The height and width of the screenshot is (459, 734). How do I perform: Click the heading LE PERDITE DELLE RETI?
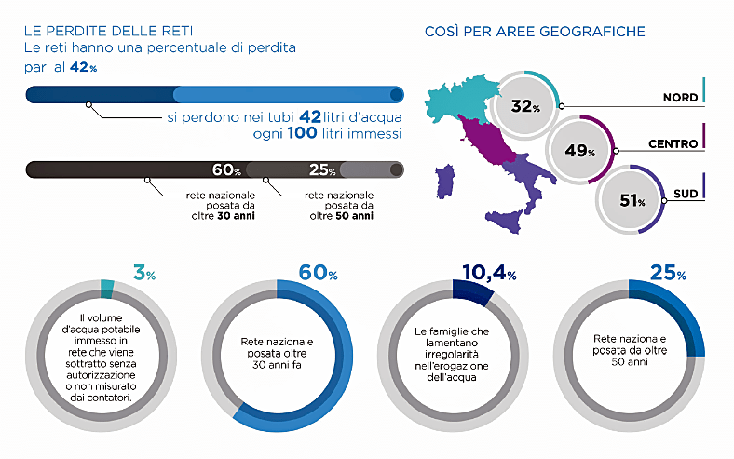108,31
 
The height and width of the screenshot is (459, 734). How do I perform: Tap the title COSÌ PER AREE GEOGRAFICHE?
535,32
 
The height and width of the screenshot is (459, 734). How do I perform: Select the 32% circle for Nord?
524,106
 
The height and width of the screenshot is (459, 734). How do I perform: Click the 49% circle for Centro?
579,150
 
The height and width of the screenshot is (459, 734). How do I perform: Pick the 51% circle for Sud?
631,200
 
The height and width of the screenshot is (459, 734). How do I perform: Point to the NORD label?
680,98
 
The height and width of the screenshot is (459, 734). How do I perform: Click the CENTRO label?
673,144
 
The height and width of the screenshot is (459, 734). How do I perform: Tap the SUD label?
686,194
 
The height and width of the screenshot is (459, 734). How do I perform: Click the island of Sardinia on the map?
445,181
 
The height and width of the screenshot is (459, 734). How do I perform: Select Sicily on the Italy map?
505,221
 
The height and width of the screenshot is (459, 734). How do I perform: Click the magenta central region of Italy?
487,140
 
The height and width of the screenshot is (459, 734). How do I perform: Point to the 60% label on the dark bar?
226,169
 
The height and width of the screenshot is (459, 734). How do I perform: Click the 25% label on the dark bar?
322,169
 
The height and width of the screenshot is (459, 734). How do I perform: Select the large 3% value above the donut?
144,272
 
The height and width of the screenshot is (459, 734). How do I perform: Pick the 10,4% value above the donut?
489,272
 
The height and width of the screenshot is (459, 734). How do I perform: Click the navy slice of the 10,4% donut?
472,290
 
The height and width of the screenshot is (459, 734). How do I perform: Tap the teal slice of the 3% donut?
107,289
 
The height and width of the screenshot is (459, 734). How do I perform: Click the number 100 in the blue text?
302,133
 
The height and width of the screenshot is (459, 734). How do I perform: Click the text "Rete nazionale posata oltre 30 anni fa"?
277,353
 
